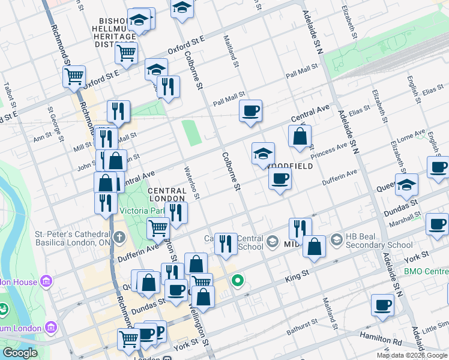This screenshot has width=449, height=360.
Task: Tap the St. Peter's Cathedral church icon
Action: [x=119, y=236]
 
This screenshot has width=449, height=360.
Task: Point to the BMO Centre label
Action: [x=426, y=272]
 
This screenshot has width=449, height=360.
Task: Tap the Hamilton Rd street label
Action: [x=381, y=340]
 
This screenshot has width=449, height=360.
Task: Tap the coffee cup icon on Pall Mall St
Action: [x=250, y=110]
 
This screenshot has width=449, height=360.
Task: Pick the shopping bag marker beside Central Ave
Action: [x=300, y=136]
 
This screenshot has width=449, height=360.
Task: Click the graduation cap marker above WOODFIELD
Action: [x=263, y=154]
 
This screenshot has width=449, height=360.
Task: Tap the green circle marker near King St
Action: [x=238, y=280]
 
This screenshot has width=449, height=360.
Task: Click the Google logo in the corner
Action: [x=20, y=353]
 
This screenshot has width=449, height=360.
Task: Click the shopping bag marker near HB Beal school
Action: [x=314, y=246]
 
